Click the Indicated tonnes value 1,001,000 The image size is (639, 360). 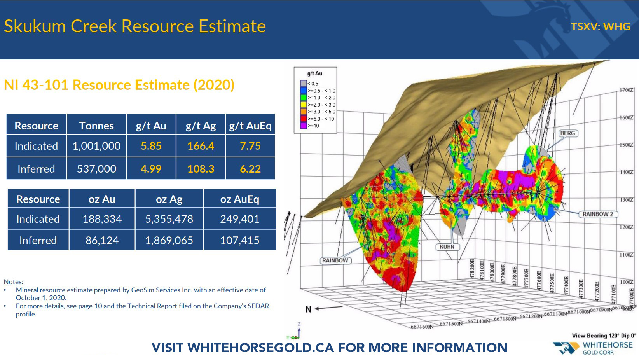click(x=96, y=146)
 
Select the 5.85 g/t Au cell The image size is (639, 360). click(x=151, y=146)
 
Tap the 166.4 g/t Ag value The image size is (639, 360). click(x=201, y=146)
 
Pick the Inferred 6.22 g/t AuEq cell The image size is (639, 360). click(x=250, y=169)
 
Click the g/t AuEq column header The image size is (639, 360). click(x=250, y=126)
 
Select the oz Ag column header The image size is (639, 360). click(x=169, y=199)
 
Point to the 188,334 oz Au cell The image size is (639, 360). click(x=102, y=219)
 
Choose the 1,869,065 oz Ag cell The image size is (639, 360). click(x=169, y=240)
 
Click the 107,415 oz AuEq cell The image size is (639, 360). click(x=239, y=240)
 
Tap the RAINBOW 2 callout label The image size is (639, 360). click(x=597, y=214)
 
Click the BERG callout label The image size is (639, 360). click(x=567, y=133)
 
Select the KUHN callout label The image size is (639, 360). click(x=447, y=247)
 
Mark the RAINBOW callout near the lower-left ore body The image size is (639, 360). click(x=335, y=260)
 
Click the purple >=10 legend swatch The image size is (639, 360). click(x=304, y=126)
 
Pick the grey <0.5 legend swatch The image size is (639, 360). click(x=304, y=84)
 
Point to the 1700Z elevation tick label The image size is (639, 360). click(x=627, y=90)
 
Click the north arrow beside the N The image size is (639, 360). click(x=328, y=308)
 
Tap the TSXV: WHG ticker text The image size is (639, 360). click(x=600, y=26)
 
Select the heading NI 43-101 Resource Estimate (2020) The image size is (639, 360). click(x=119, y=85)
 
